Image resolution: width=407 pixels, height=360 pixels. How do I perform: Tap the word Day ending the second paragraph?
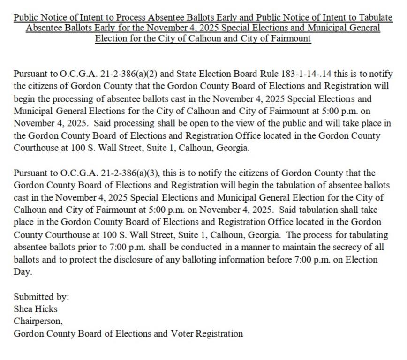point(22,272)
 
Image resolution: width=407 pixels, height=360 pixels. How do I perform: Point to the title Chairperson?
point(38,322)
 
